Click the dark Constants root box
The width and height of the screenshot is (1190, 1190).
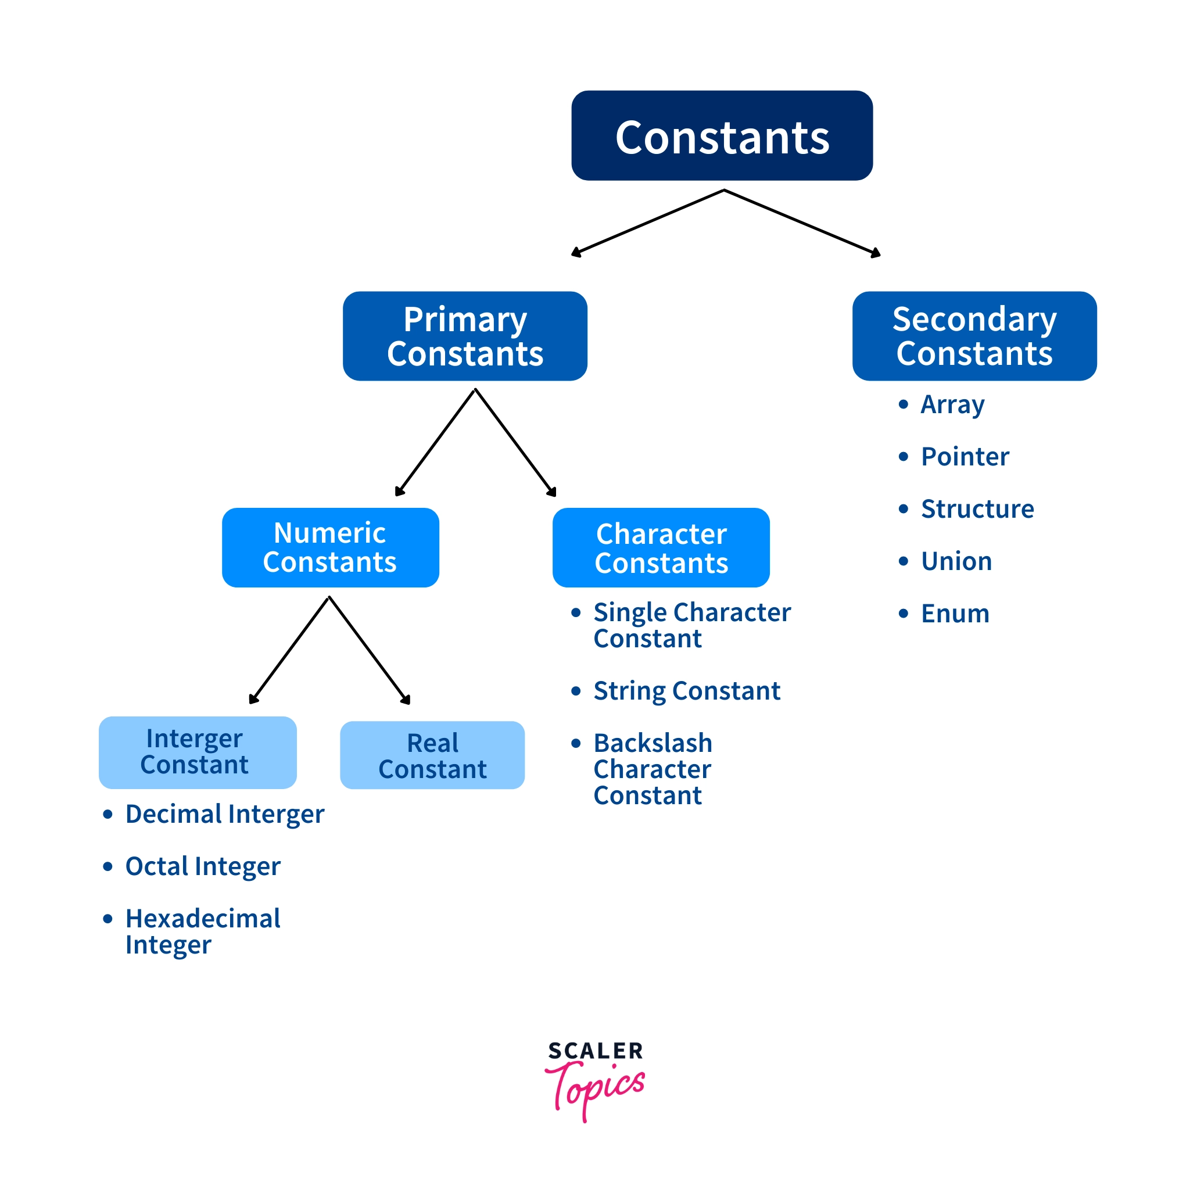[x=721, y=135]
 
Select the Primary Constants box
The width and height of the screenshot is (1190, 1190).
[x=465, y=336]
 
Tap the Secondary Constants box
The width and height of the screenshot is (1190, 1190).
[x=974, y=336]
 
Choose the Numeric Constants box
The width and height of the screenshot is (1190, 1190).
[x=330, y=547]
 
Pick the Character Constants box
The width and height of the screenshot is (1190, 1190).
[x=661, y=547]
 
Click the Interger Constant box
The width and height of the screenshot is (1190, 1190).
[x=197, y=752]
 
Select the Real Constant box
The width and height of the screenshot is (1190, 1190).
[x=432, y=755]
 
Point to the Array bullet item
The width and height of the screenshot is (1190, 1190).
[x=952, y=404]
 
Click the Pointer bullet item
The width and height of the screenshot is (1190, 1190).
[x=965, y=456]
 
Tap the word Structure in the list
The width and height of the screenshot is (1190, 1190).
[x=977, y=509]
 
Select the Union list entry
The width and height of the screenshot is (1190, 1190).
[x=956, y=561]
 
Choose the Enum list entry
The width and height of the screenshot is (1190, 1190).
[x=955, y=614]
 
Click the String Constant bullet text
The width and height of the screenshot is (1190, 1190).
[x=686, y=690]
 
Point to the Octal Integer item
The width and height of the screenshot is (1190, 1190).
[x=203, y=866]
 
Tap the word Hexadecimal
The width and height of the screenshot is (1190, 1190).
[x=203, y=919]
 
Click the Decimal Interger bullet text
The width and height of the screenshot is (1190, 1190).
[x=224, y=813]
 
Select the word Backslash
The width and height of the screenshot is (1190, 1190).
[x=653, y=743]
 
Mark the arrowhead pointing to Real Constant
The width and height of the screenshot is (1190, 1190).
[x=406, y=700]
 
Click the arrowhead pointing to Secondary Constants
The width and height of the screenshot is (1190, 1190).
[x=875, y=253]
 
